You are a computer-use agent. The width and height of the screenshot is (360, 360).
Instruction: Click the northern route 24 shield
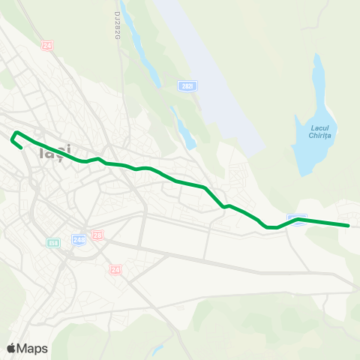[x=48, y=46]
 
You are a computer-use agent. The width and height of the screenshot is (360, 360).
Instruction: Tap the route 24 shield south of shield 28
[x=115, y=269]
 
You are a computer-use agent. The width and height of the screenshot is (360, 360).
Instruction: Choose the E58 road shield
[x=53, y=242]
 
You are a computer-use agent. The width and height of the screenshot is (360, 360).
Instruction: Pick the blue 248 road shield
[x=79, y=239]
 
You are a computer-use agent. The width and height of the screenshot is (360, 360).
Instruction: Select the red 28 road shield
[x=97, y=235]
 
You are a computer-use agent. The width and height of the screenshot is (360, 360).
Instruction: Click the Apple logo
[x=12, y=348]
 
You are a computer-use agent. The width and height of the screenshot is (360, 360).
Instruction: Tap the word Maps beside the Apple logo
[x=32, y=349]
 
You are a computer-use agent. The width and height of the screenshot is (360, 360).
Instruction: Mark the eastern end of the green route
[x=349, y=225]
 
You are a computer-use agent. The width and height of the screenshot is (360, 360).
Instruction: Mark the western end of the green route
[x=19, y=147]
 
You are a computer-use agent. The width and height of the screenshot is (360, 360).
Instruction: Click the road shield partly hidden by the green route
[x=298, y=219]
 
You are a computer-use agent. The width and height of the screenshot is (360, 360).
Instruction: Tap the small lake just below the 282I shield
[x=184, y=129]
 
